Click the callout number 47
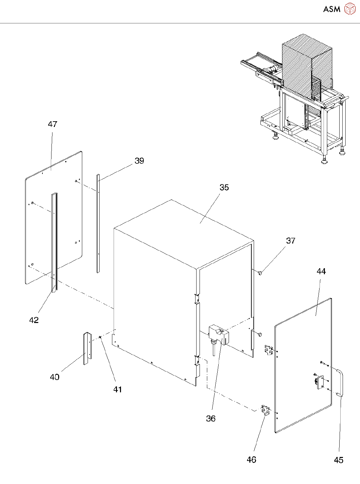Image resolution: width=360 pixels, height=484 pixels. [52, 124]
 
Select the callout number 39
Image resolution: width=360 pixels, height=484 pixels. [139, 161]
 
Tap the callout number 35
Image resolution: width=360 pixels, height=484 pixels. [224, 188]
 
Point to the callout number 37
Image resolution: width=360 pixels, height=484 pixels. [290, 241]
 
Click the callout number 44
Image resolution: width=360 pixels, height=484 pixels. [321, 272]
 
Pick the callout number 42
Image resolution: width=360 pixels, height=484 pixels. [34, 320]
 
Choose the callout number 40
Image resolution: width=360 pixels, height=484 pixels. [54, 377]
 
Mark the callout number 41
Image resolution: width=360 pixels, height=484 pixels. [117, 389]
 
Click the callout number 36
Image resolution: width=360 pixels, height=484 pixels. [211, 419]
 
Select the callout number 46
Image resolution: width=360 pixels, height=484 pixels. [251, 460]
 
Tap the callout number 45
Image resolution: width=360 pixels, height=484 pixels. [339, 460]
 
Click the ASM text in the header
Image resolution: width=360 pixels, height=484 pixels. [332, 9]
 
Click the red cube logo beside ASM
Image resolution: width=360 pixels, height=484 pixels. [350, 9]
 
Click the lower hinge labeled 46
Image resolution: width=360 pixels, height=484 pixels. [266, 410]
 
